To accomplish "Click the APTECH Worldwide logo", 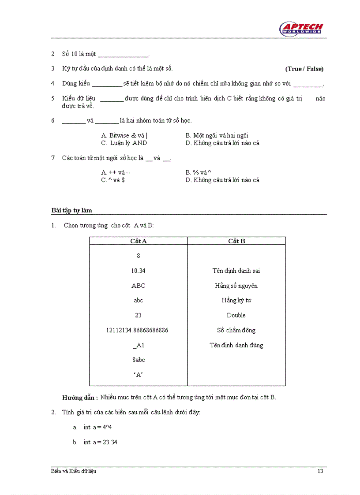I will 302,29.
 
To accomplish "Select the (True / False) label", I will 304,69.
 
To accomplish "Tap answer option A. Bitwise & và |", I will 124,136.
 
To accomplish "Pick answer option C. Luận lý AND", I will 124,143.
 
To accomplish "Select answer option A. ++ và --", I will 116,173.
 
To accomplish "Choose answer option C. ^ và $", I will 113,180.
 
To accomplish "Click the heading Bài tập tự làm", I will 71,210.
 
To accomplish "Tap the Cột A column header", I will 139,241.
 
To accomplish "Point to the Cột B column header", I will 236,241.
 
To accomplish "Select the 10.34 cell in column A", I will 138,271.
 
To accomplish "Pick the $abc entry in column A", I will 139,360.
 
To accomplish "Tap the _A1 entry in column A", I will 138,346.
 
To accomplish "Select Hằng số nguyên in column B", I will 236,286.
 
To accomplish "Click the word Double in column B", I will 236,316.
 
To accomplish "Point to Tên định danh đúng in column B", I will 236,346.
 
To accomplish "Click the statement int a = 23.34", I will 101,442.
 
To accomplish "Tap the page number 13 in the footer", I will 320,472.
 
